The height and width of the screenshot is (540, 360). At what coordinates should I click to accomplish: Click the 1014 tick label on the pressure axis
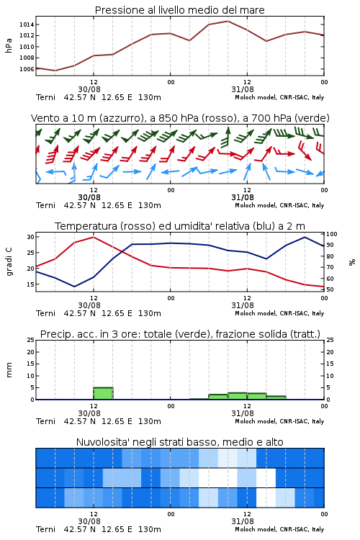pos(27,24)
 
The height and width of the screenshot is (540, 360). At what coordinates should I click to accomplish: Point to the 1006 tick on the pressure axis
pos(27,69)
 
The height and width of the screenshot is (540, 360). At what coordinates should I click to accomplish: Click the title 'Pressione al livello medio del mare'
pos(180,10)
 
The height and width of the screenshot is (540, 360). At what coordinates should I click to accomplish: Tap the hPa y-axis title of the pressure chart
pos(9,45)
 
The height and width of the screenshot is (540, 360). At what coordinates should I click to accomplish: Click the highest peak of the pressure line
pos(228,21)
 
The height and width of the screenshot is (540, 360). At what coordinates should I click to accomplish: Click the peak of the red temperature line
pos(94,237)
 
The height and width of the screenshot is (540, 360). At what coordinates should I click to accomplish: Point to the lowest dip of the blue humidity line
pos(74,287)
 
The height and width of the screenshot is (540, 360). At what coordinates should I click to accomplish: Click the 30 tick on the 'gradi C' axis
pos(31,237)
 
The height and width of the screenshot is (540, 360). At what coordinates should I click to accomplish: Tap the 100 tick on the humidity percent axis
pos(332,234)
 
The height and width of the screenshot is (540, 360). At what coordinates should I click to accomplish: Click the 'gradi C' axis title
pos(9,261)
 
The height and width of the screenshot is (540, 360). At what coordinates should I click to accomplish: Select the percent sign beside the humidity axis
pos(352,262)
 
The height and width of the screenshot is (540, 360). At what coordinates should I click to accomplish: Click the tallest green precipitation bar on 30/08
pos(104,393)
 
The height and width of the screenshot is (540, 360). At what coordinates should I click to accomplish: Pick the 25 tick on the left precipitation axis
pos(31,340)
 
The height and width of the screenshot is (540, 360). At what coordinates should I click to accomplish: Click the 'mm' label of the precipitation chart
pos(9,370)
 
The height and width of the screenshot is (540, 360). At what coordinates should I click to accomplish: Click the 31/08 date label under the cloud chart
pos(243,521)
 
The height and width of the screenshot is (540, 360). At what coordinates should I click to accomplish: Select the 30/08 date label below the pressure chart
pos(89,89)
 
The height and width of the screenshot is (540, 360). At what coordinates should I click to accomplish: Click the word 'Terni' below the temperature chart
pos(45,313)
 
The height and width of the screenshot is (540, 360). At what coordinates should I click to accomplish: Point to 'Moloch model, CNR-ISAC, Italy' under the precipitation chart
pos(279,421)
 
